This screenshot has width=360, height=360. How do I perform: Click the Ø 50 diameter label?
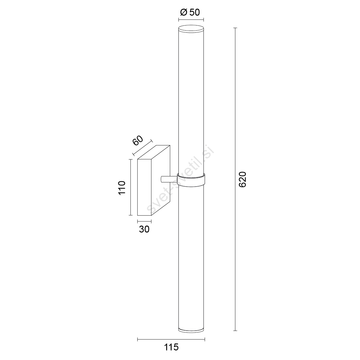coord(190,13)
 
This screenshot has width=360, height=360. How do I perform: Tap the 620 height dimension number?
coord(243,179)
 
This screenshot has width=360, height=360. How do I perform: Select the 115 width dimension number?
coord(171,347)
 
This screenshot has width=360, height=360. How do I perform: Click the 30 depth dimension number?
coord(144,229)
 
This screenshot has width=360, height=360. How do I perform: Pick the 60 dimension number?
coord(138,140)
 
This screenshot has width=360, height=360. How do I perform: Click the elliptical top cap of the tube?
coord(191,29)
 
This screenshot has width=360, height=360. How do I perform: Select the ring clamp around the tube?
coord(191,179)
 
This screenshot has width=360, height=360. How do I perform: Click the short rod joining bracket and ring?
coord(169,179)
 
